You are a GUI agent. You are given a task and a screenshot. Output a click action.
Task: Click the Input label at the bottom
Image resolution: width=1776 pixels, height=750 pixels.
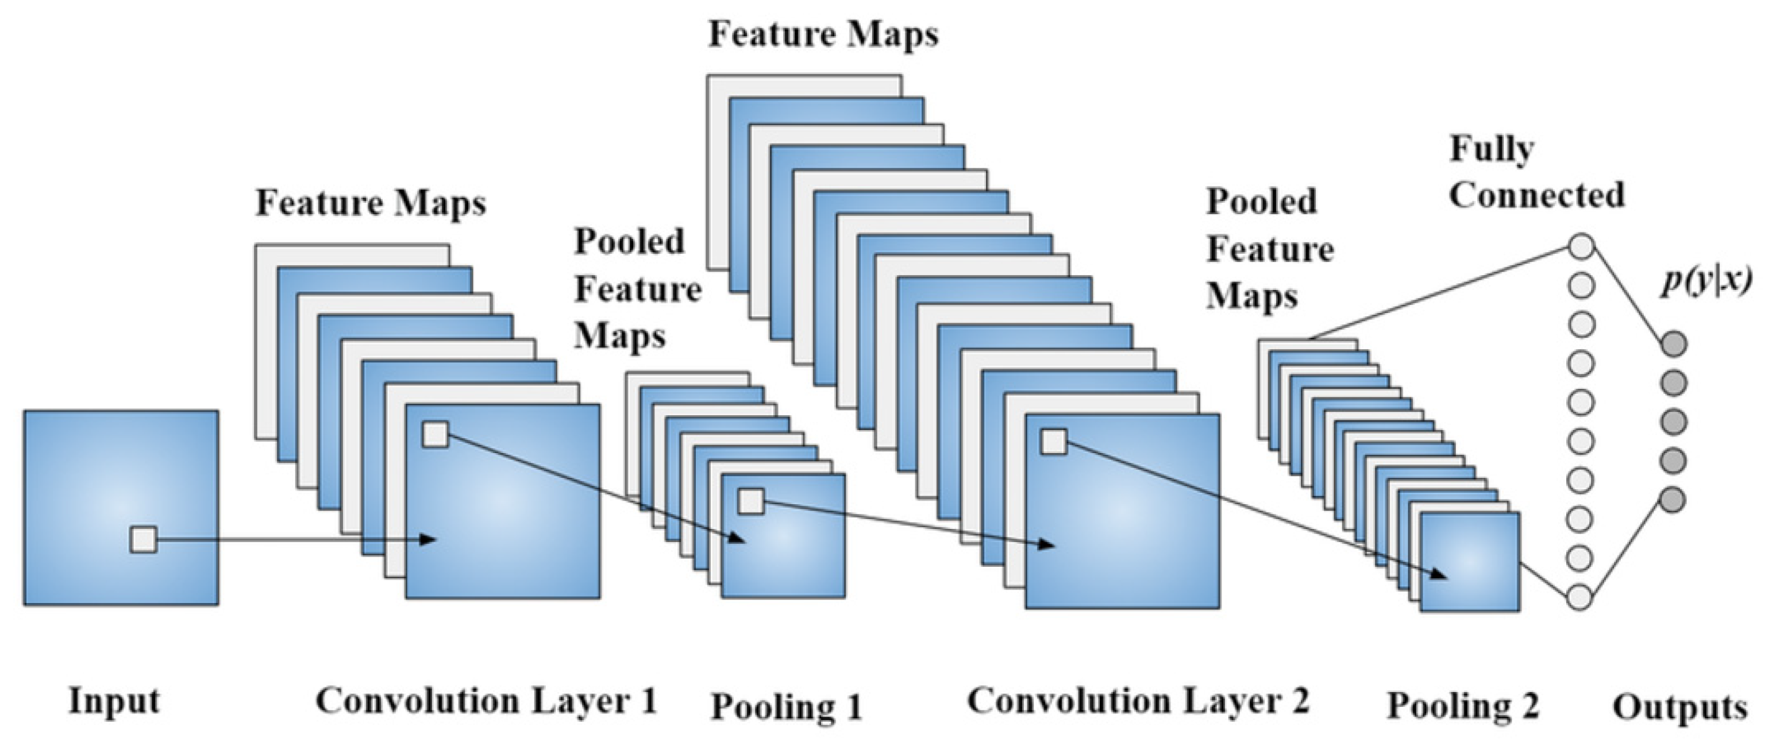114,702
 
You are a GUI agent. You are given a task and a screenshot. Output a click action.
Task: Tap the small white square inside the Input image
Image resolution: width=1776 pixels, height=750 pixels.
144,539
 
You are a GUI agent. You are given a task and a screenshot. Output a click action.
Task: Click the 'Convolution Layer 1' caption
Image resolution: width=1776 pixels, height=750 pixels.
486,702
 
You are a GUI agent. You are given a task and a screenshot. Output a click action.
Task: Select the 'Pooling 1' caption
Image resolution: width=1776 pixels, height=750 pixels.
786,706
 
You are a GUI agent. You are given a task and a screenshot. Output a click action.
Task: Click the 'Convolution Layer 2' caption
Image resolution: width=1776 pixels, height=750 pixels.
1138,702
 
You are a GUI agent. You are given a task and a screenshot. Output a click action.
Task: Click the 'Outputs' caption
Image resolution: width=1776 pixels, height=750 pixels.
1679,708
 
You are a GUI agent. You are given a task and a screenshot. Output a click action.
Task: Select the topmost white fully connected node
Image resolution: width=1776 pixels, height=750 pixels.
1582,245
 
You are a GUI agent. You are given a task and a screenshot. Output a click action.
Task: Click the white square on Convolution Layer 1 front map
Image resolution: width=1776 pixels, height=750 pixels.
435,435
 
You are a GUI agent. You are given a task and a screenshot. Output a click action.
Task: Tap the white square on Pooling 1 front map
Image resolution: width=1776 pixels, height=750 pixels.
751,501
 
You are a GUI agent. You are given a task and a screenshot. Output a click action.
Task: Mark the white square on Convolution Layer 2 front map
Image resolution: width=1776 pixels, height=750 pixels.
1053,442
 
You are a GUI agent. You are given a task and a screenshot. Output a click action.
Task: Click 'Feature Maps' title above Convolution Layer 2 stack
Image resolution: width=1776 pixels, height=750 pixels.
824,34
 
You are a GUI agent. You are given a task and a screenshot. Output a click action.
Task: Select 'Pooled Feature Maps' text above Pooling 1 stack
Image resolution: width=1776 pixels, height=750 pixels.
638,289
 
